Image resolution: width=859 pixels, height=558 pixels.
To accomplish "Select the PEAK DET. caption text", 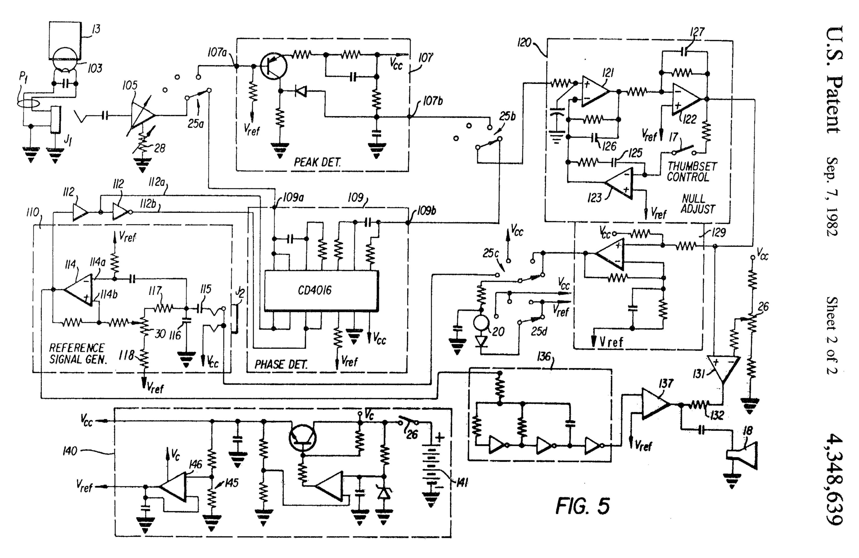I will [x=317, y=162].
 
